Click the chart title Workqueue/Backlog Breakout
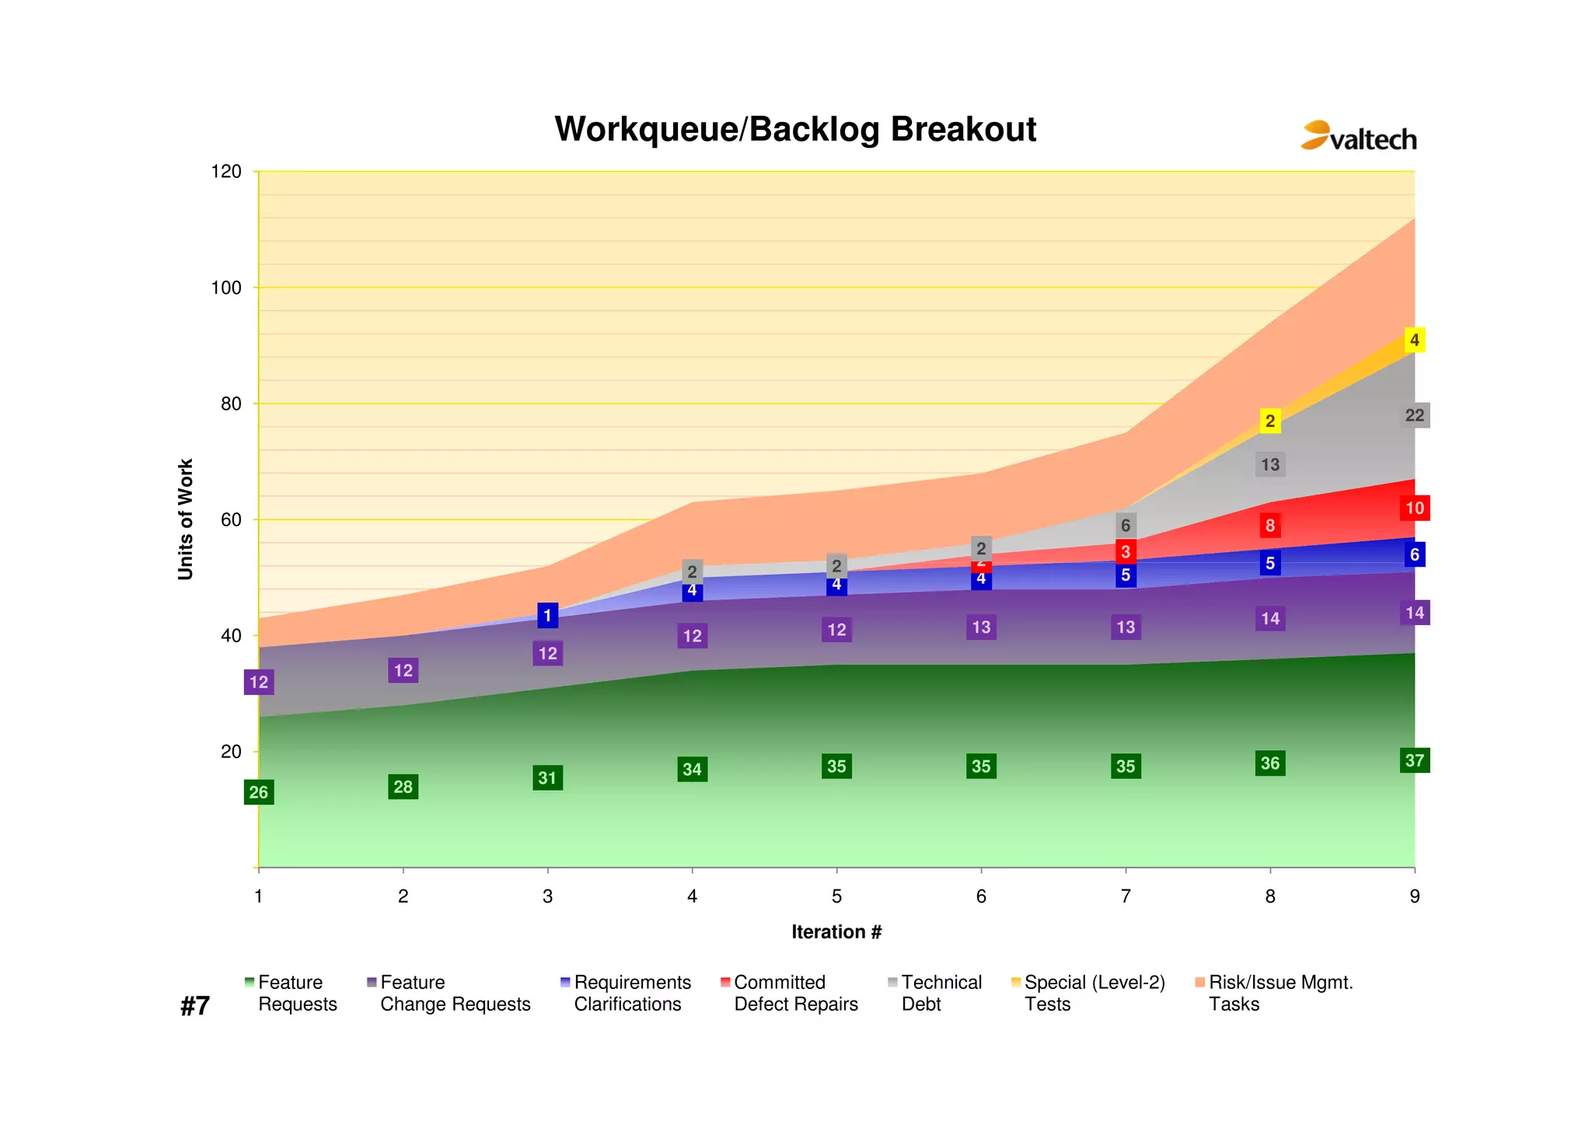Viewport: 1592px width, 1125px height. (x=794, y=130)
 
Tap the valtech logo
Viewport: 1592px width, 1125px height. (x=1358, y=137)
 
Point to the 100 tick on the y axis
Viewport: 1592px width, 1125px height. (x=226, y=288)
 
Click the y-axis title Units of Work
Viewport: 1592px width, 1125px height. (x=185, y=519)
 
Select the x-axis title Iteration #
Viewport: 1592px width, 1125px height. (x=836, y=931)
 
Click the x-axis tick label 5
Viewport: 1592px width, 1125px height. (x=836, y=896)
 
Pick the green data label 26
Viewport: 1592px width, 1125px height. (x=258, y=792)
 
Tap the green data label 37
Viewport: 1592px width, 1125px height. (x=1414, y=760)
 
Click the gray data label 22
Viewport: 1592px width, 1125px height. (x=1414, y=415)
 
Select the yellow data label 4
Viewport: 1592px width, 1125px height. (x=1414, y=340)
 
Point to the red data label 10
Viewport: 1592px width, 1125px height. (x=1414, y=508)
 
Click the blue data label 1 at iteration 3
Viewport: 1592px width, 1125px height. (x=547, y=616)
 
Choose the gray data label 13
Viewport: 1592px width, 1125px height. (x=1269, y=465)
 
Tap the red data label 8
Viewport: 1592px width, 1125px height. (x=1269, y=526)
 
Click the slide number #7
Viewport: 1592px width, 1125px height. (x=195, y=1006)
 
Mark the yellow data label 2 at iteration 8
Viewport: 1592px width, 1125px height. (x=1269, y=421)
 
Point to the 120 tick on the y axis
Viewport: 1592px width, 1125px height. (x=226, y=172)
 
